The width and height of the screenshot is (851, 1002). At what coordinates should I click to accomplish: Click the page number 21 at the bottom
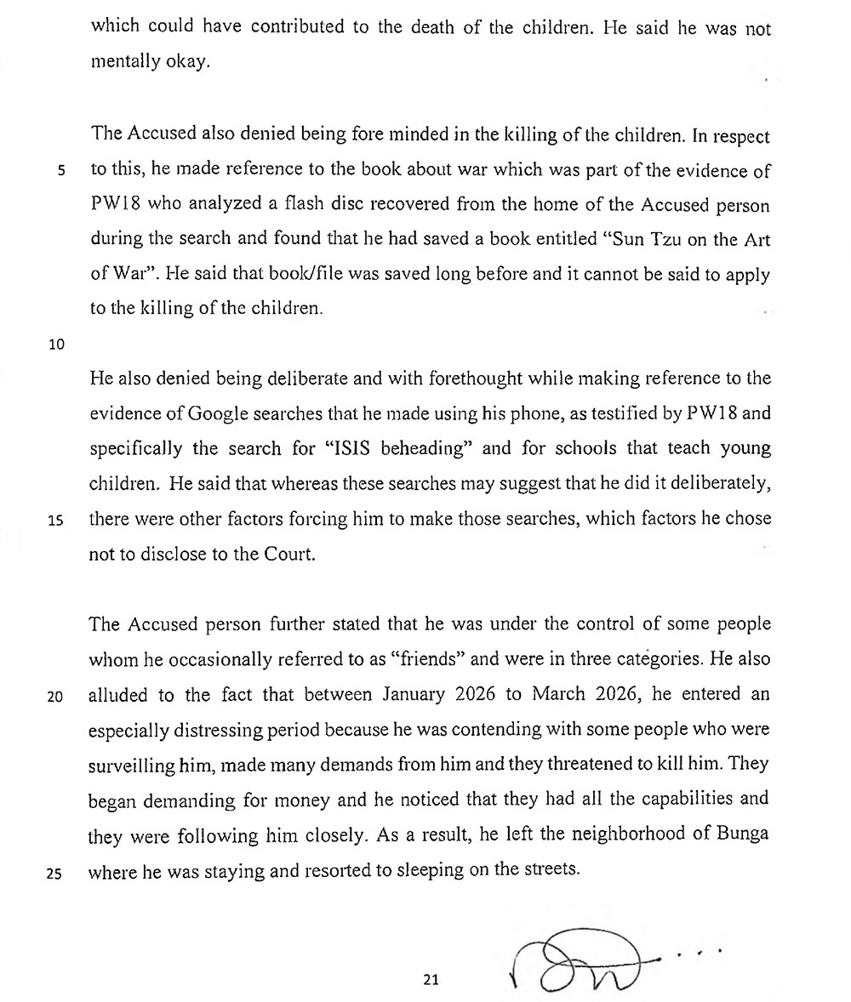[x=430, y=980]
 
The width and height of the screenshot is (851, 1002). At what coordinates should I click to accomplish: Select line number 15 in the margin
[x=57, y=522]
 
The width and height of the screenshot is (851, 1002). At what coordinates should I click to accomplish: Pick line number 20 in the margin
[x=55, y=696]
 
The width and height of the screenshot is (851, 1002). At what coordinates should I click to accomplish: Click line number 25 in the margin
[x=55, y=873]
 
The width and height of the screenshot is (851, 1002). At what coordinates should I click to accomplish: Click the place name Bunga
[x=743, y=834]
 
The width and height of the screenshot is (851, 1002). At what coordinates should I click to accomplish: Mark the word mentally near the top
[x=120, y=63]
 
